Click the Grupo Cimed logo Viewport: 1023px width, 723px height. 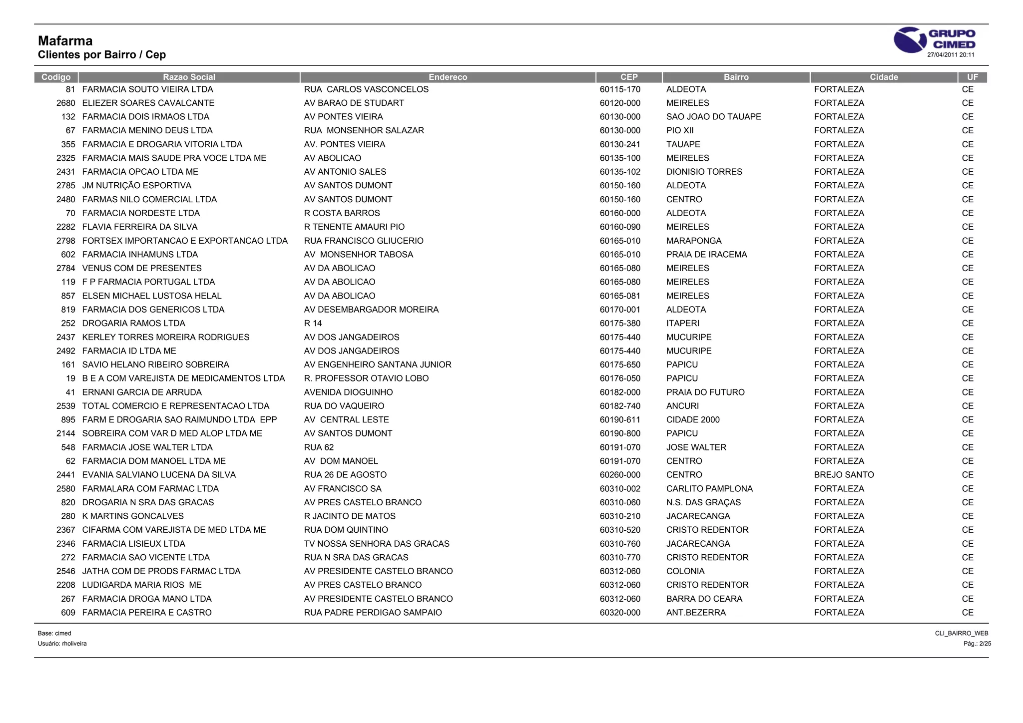click(934, 39)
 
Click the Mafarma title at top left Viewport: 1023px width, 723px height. click(65, 41)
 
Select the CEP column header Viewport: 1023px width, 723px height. click(628, 77)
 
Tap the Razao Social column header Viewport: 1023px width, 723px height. click(189, 77)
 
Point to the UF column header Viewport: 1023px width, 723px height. click(972, 77)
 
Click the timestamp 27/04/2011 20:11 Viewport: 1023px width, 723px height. click(951, 55)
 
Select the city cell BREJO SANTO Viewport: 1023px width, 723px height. click(844, 475)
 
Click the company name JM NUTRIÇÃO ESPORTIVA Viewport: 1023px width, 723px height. click(136, 186)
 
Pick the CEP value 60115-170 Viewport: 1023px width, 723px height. click(620, 89)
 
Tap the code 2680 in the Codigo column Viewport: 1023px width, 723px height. click(66, 103)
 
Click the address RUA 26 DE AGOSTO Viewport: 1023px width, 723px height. click(345, 475)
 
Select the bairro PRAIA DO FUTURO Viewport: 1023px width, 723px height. click(705, 392)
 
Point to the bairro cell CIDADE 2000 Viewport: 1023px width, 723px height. click(693, 420)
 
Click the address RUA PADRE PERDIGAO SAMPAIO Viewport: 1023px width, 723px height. click(373, 613)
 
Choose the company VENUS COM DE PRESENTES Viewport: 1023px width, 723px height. click(142, 268)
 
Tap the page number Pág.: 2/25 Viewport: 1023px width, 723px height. click(977, 644)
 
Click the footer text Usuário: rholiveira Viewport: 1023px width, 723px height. click(62, 644)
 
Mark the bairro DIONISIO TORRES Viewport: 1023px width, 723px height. click(704, 172)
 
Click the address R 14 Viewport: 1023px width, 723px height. click(313, 324)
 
